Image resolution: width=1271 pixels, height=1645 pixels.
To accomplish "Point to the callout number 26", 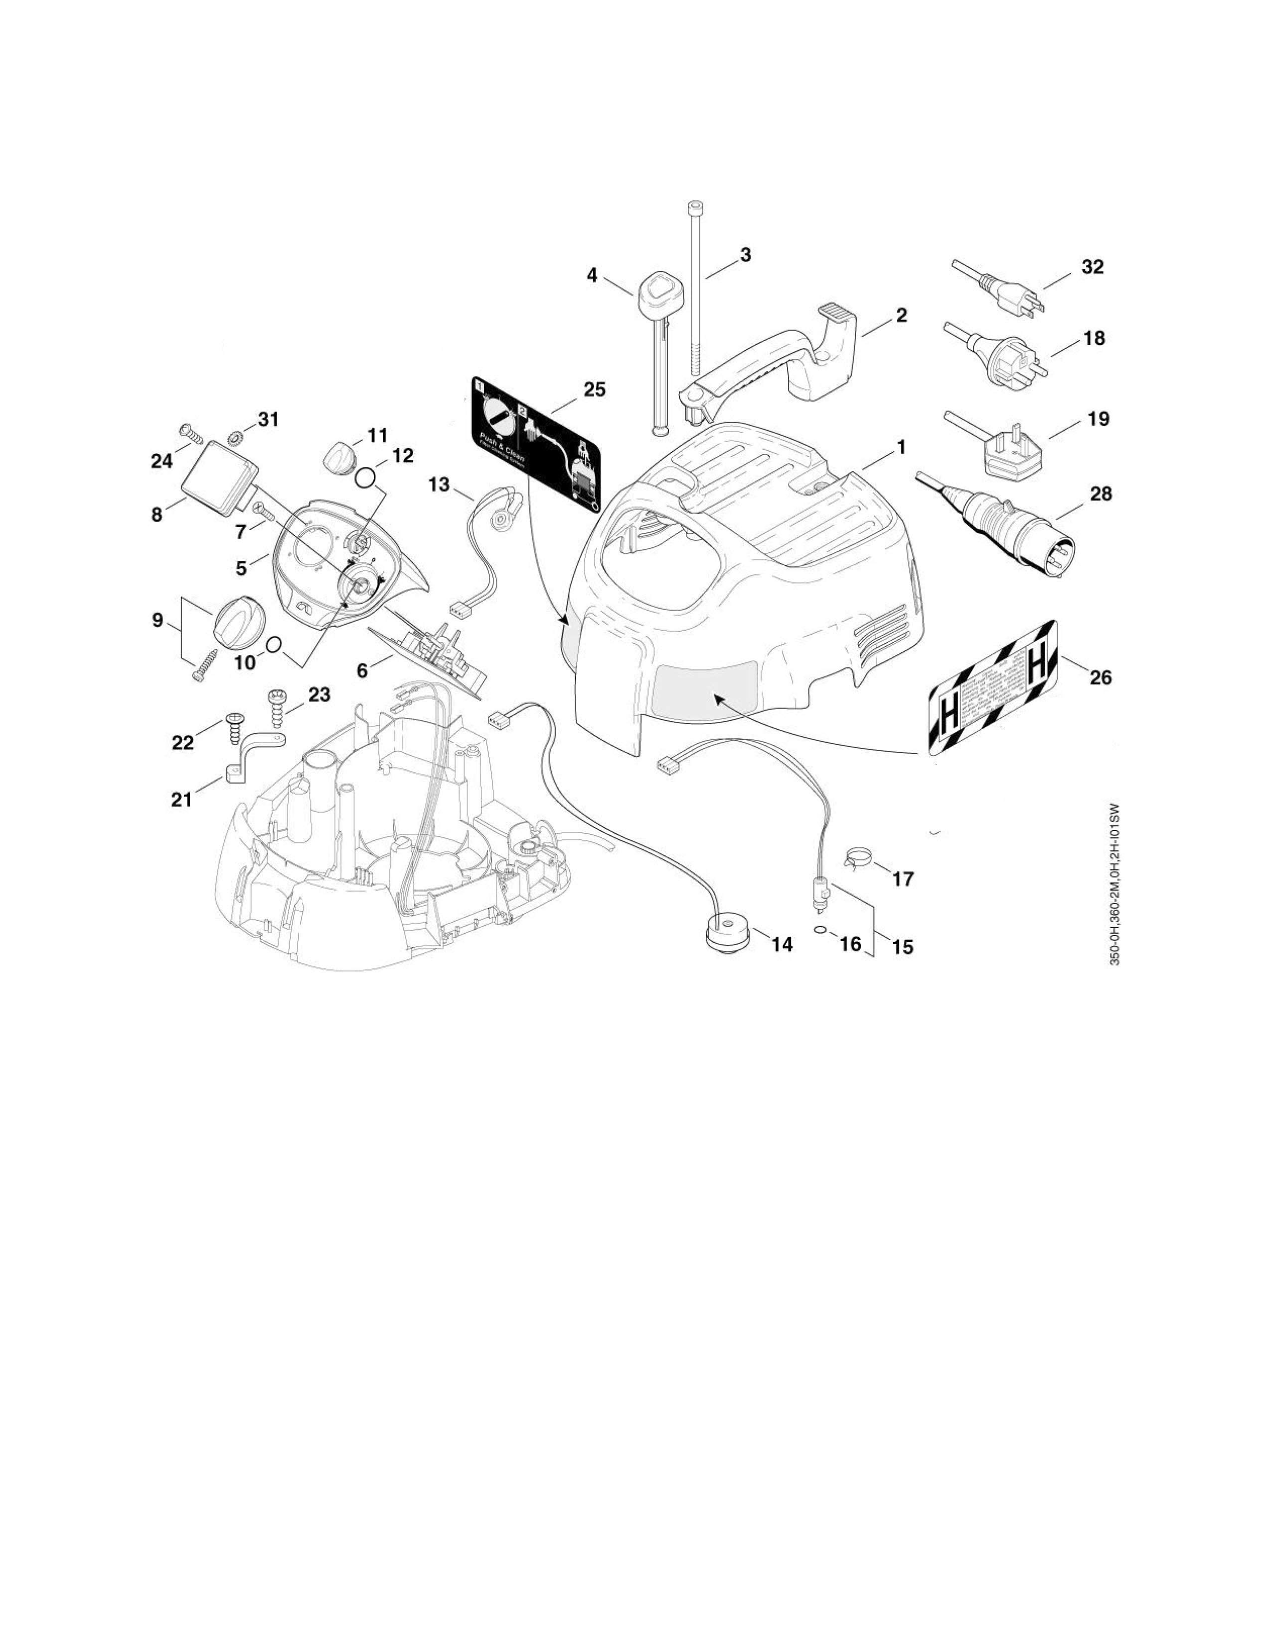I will coord(1100,677).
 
